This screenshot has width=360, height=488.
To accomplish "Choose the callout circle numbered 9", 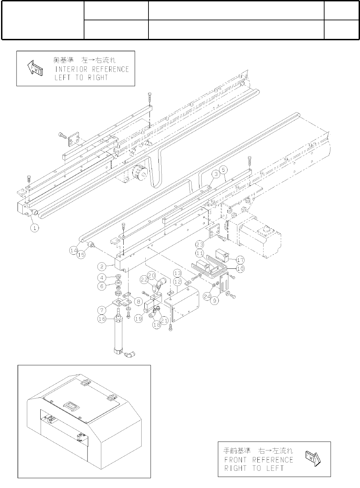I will (215, 300).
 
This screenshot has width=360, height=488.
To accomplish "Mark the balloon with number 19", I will (138, 319).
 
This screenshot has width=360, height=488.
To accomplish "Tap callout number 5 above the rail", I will (224, 170).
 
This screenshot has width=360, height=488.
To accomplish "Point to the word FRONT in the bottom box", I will (236, 460).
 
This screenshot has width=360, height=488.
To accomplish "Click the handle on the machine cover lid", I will (71, 406).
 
